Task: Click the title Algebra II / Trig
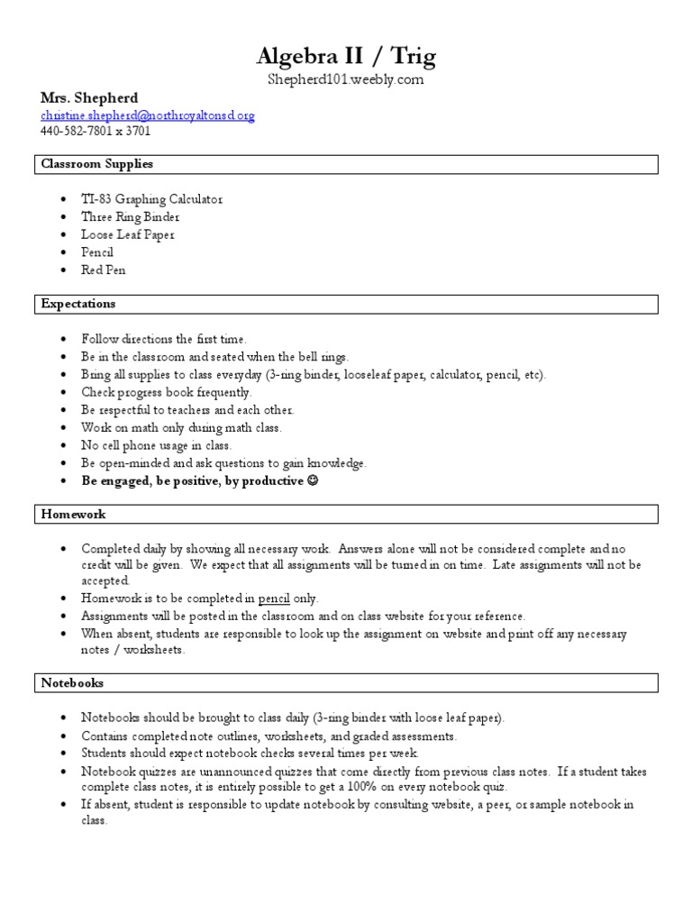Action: [x=346, y=57]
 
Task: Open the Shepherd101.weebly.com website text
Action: [x=346, y=80]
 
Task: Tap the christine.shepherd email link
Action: [x=148, y=115]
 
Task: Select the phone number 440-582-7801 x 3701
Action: [x=96, y=131]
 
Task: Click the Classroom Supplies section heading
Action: [x=97, y=164]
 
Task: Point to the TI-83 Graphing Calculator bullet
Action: [x=151, y=198]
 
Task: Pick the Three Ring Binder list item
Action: [x=130, y=216]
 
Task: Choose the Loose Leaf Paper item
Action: [x=128, y=234]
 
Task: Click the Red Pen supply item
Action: [x=104, y=270]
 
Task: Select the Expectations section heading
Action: [x=78, y=304]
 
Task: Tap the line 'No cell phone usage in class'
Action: [x=156, y=445]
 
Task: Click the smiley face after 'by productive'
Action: [x=313, y=481]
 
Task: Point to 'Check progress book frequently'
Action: [x=167, y=392]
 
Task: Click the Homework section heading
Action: [x=74, y=514]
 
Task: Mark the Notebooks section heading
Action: [x=73, y=683]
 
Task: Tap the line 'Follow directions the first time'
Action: [x=163, y=339]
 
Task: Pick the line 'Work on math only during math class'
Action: [x=181, y=427]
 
